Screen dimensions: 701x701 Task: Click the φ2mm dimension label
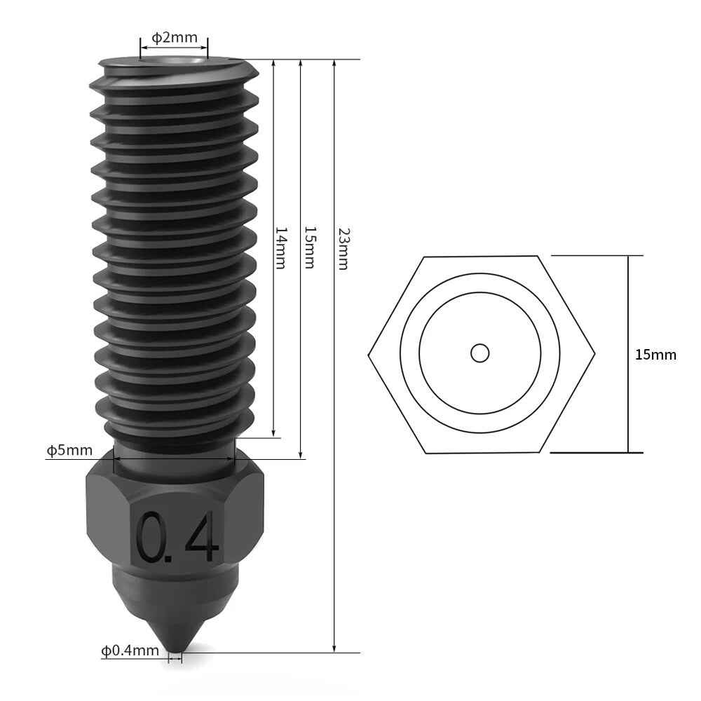pos(175,37)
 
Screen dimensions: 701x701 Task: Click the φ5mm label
pos(69,449)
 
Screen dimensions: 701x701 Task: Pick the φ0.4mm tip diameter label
pos(130,651)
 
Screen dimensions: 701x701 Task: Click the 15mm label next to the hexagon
pos(655,355)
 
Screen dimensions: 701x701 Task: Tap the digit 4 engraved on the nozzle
pos(201,538)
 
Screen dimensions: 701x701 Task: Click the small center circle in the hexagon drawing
pos(480,353)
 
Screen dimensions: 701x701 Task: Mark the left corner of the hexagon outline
pos(369,354)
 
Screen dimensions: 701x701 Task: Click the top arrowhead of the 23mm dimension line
pos(336,64)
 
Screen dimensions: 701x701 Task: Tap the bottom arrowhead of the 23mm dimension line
pos(336,648)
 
